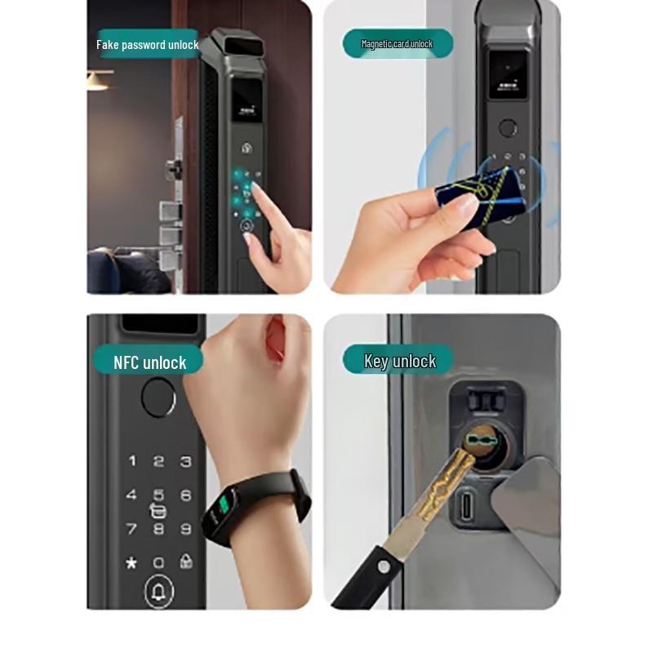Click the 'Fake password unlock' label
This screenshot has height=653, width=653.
click(x=148, y=45)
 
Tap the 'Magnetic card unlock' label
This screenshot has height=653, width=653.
click(x=397, y=44)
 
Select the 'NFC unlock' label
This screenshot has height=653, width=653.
click(x=149, y=362)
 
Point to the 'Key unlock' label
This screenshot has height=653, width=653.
click(x=399, y=362)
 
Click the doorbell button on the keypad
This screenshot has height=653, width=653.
click(x=158, y=592)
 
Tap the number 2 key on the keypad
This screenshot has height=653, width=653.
click(x=158, y=462)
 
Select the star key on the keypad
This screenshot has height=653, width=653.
click(x=131, y=563)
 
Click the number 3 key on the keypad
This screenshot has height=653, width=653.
click(x=185, y=462)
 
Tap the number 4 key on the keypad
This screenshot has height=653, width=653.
click(x=131, y=495)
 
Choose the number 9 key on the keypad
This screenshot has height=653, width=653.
click(x=185, y=529)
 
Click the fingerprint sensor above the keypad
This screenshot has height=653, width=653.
click(x=158, y=398)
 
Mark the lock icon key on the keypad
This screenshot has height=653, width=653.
click(x=186, y=562)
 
